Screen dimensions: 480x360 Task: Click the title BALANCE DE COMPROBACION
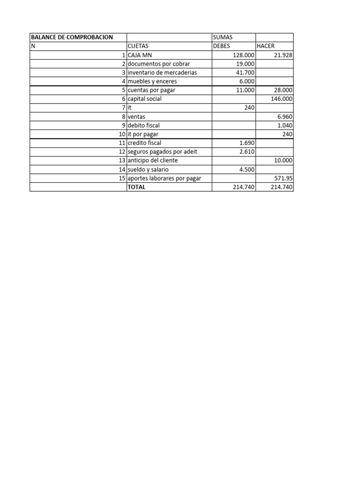click(72, 37)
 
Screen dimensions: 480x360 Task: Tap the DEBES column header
click(222, 46)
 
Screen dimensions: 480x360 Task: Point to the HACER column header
click(265, 46)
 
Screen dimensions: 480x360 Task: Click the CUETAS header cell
click(139, 46)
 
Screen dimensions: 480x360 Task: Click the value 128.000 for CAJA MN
click(244, 55)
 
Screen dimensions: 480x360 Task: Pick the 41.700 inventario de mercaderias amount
click(245, 73)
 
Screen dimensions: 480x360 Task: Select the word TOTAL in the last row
click(137, 187)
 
